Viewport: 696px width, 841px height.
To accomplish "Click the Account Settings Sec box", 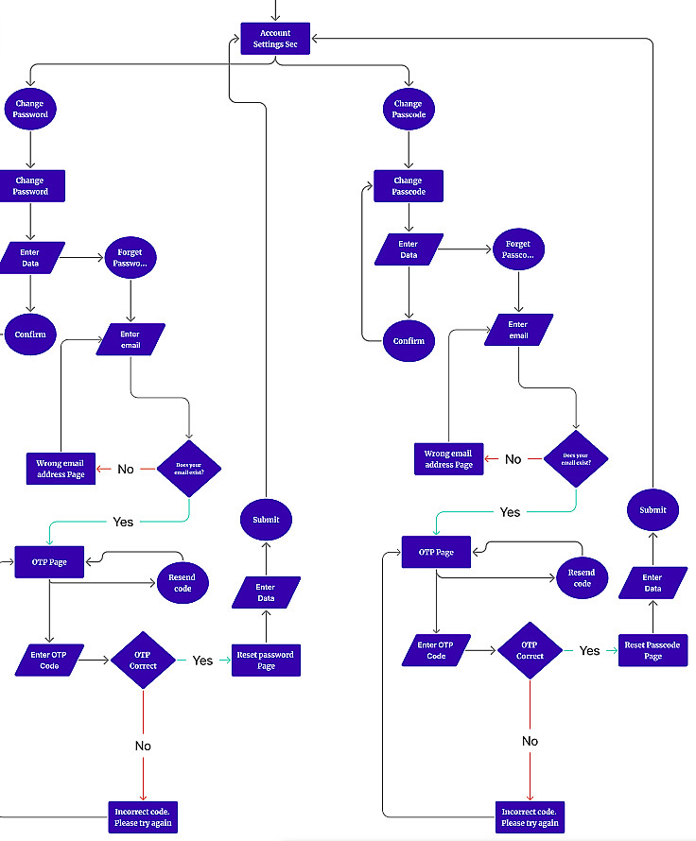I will [275, 39].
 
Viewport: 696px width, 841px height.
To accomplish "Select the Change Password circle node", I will [29, 110].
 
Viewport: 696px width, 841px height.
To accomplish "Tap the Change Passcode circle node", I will [408, 110].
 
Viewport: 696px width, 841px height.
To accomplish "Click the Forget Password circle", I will [130, 258].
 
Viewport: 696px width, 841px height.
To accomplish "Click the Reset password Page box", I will [266, 660].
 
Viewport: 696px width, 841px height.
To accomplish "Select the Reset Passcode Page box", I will [652, 650].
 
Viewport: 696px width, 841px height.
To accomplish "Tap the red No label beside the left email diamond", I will [126, 469].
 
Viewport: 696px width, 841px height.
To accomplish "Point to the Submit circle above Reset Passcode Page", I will [652, 510].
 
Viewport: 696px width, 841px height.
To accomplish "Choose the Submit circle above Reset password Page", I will [266, 519].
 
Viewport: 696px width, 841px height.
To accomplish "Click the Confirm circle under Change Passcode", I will [408, 340].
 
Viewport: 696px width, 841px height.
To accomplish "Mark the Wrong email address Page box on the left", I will [61, 469].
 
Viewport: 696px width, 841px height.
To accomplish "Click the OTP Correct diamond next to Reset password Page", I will [143, 660].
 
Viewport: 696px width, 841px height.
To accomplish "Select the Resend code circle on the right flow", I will [582, 577].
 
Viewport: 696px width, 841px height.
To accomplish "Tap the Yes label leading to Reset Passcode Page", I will [590, 650].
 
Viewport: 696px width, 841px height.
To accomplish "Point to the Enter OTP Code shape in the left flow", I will [49, 660].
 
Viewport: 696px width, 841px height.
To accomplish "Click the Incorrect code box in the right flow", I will [530, 817].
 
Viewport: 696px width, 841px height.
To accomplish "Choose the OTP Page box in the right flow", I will [436, 552].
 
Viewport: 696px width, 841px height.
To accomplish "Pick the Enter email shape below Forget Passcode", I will [518, 330].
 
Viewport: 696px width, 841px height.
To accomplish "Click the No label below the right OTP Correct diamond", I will [530, 741].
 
